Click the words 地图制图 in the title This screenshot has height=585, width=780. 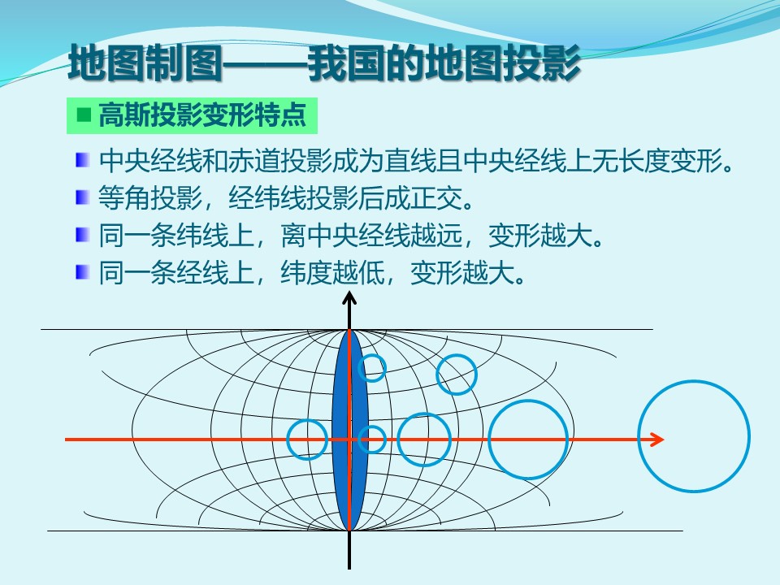pos(145,63)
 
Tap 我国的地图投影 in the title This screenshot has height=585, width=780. pos(444,63)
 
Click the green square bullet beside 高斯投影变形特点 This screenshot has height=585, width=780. pos(84,115)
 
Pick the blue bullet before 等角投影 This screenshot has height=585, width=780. pos(82,197)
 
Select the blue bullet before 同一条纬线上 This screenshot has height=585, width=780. pos(82,235)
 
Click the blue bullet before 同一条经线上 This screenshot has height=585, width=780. pos(82,272)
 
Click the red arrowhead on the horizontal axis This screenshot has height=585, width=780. pos(657,440)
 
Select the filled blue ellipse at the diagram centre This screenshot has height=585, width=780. pos(349,431)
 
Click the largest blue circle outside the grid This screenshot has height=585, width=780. pos(639,436)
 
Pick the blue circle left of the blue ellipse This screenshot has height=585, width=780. pos(288,440)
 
